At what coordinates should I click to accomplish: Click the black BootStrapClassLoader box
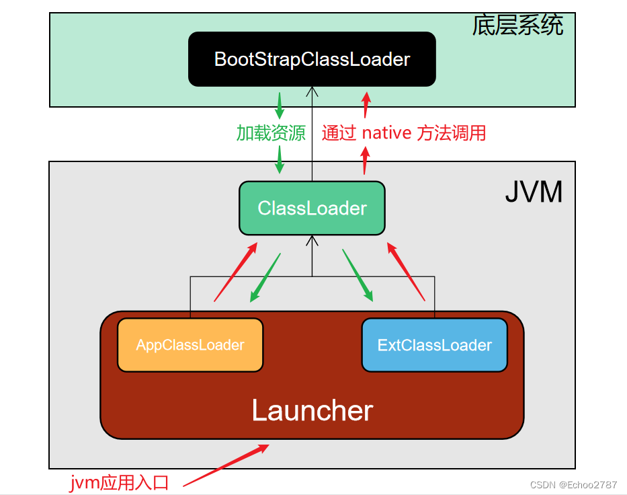[312, 59]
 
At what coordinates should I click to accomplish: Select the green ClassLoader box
[312, 208]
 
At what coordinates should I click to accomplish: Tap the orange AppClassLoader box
[190, 345]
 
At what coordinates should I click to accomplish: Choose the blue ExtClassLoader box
[435, 345]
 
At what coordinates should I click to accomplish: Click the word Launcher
[312, 410]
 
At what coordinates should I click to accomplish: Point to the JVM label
[534, 192]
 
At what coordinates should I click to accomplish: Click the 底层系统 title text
[518, 25]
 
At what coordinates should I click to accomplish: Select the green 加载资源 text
[271, 133]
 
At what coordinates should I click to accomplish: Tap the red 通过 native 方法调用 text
[404, 133]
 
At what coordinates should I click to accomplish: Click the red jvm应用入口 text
[119, 483]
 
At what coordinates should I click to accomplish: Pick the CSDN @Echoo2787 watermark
[573, 485]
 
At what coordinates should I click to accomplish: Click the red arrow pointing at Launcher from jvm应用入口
[226, 465]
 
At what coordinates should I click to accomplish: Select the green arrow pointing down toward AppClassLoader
[265, 278]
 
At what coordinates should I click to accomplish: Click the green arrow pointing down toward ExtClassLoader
[358, 275]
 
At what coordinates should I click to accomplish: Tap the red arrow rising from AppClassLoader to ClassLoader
[235, 272]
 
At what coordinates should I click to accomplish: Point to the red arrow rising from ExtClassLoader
[406, 271]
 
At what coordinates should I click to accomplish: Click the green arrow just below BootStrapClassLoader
[280, 106]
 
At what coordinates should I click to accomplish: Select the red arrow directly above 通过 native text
[366, 105]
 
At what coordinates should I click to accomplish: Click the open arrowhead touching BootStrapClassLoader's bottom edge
[312, 91]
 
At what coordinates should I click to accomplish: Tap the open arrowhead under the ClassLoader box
[312, 241]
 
